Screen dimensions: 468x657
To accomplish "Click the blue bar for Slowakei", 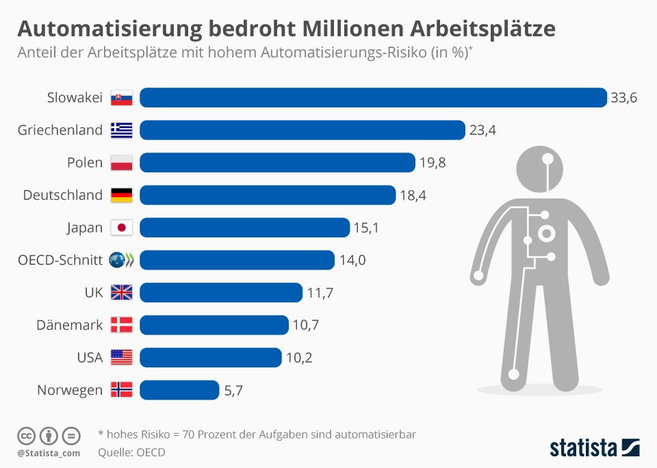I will [373, 98].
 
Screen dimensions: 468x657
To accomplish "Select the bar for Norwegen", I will [179, 390].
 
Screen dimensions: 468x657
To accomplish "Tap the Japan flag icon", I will [122, 228].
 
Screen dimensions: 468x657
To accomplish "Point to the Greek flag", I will [122, 130].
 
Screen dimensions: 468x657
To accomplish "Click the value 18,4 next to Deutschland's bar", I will [413, 196].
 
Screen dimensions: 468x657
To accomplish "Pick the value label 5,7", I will [233, 391].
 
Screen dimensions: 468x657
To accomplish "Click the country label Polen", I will [85, 163].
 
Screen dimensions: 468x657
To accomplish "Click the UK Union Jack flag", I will [122, 293].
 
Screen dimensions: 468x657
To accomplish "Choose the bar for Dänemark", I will [214, 325].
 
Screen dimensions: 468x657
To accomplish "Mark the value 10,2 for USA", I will [298, 358].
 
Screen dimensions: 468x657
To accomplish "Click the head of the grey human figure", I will [547, 168].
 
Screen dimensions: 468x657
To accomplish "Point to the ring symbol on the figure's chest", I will [547, 235].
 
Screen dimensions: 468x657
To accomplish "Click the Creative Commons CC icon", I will [26, 435].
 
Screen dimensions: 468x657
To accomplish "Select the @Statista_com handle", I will [49, 453].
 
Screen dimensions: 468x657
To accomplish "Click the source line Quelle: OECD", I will [131, 452].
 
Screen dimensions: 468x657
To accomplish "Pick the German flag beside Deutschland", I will [122, 196].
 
